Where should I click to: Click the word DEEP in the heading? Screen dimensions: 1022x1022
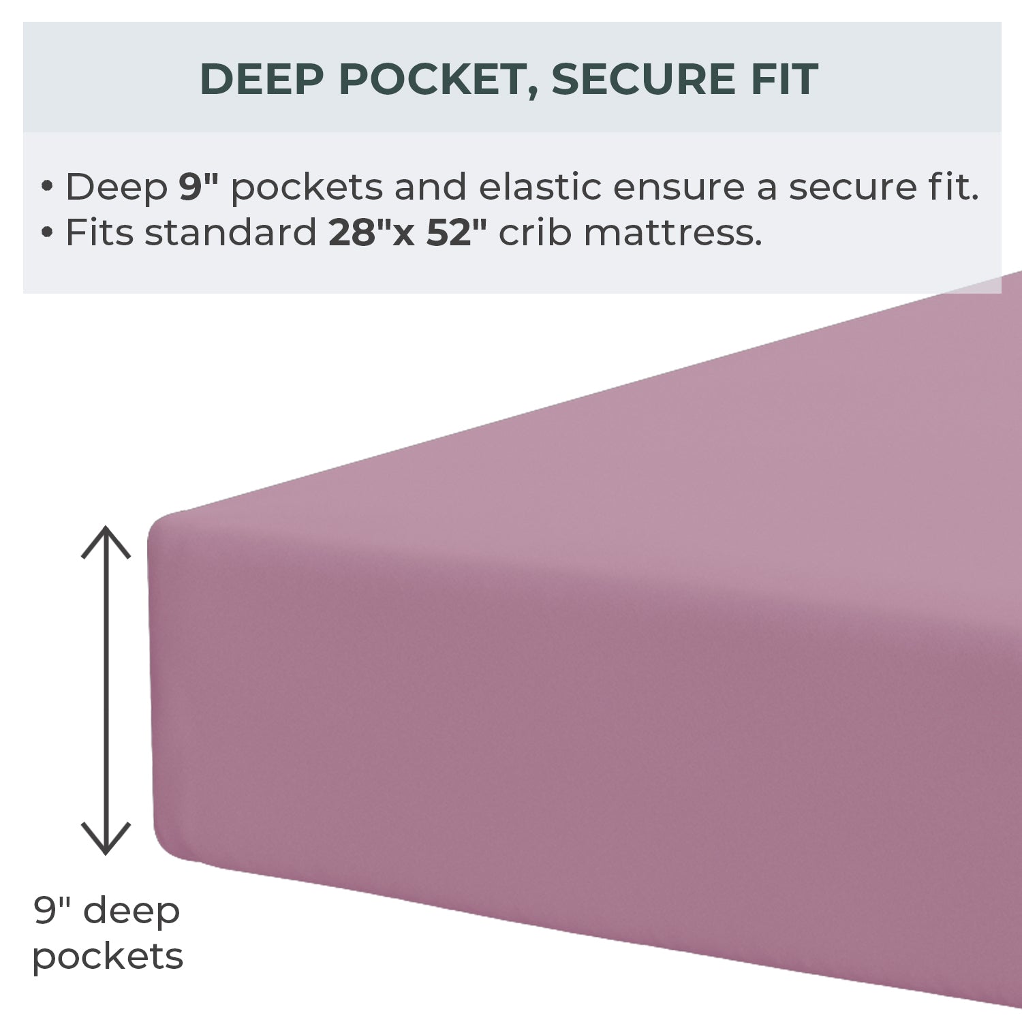262,79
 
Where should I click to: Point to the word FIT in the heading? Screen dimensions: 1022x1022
784,79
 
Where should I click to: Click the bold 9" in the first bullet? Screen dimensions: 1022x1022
198,186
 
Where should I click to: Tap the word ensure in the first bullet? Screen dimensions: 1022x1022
679,187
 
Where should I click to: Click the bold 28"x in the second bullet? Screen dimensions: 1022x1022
372,232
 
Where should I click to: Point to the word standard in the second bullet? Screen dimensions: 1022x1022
230,232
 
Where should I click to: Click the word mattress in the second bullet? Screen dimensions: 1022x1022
672,232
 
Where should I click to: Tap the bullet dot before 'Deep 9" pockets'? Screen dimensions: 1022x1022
47,187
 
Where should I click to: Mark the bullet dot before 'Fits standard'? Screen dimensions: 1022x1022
47,233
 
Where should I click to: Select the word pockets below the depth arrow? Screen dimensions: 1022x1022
108,957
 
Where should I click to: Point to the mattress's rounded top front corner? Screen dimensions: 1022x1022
158,525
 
